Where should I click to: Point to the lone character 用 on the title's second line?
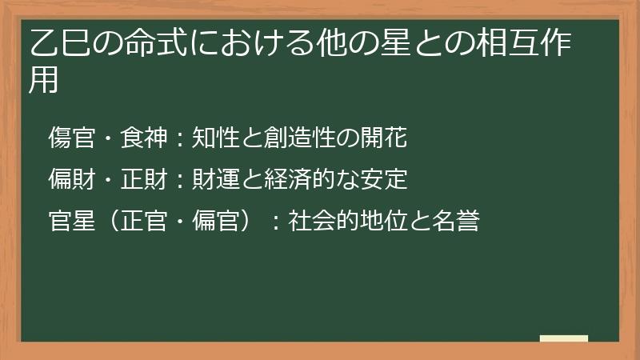coord(44,81)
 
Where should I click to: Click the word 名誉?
coord(455,221)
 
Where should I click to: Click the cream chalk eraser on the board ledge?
coord(564,338)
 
